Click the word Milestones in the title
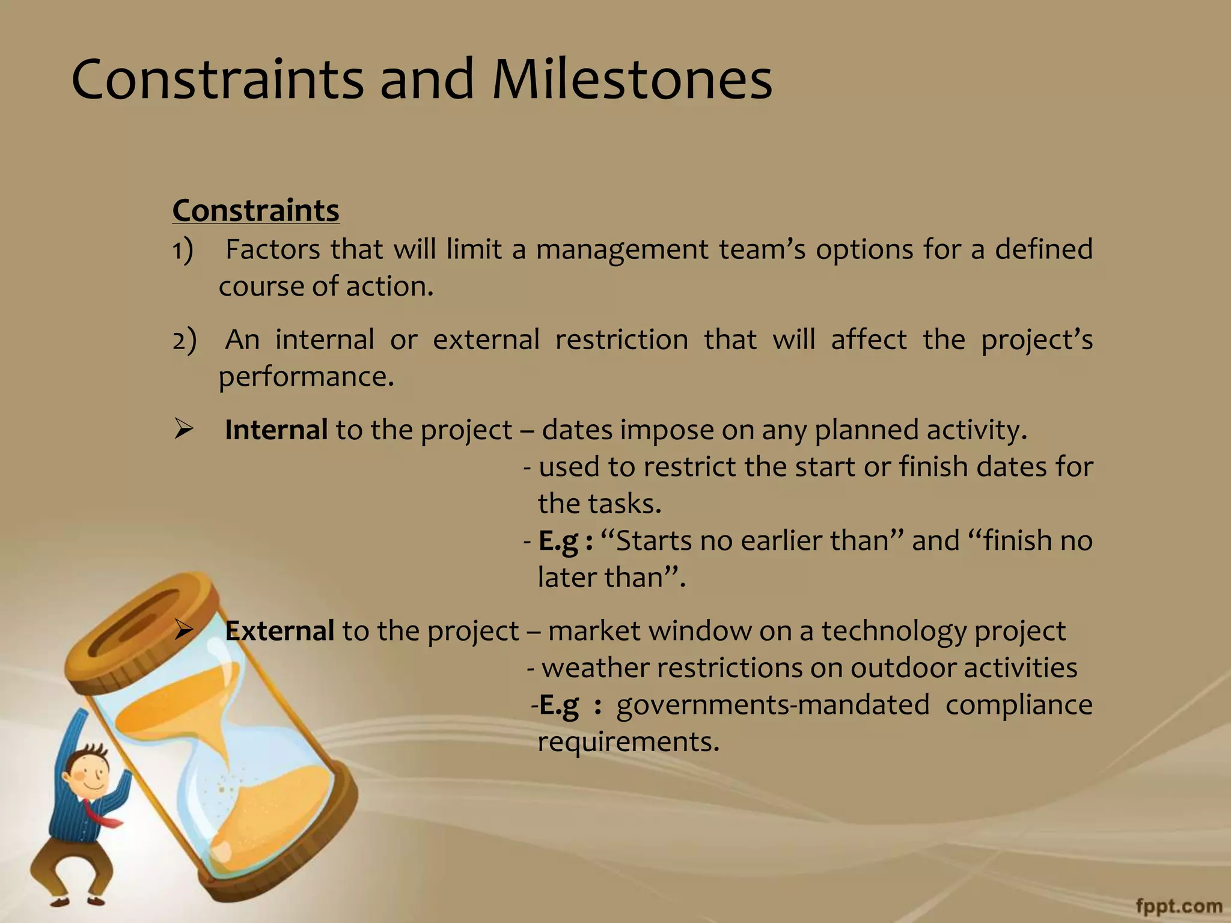pos(632,80)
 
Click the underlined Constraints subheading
pos(255,211)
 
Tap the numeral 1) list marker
pos(182,250)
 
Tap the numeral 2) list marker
pos(184,340)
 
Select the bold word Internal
pos(276,430)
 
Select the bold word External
pos(279,631)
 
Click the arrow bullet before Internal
pos(183,430)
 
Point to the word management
pos(622,250)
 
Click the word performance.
pos(305,377)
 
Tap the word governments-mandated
pos(773,705)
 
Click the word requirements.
pos(628,742)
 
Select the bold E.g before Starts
pos(558,541)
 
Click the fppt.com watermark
pos(1179,906)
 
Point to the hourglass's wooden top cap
pos(144,625)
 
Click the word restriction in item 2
pos(622,340)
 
